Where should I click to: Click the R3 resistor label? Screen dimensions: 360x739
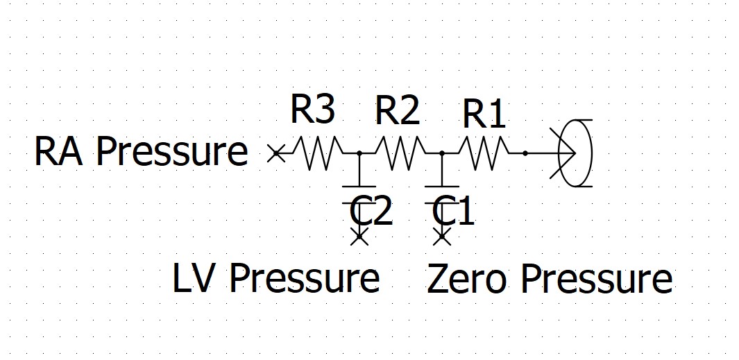[312, 110]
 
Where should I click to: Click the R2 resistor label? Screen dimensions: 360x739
[397, 111]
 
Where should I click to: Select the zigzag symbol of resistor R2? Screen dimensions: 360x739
[400, 153]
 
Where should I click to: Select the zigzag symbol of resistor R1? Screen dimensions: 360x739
[484, 153]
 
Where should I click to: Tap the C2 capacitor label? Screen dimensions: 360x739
[372, 212]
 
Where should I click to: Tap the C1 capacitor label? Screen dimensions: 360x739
[454, 212]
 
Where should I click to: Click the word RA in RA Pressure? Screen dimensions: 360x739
[59, 151]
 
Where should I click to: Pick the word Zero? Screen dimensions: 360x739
[468, 279]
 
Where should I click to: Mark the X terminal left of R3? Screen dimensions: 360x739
[275, 153]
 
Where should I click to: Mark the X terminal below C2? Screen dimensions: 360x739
[359, 237]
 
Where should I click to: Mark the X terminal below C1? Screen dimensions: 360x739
[442, 237]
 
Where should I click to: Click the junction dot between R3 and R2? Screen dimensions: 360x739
[359, 153]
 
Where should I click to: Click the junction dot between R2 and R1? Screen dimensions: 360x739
[442, 153]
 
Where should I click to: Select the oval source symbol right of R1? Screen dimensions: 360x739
[576, 153]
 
